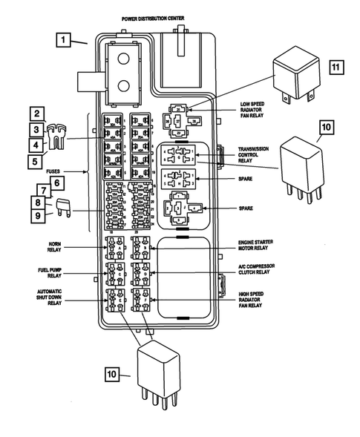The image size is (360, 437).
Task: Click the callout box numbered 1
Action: (x=65, y=40)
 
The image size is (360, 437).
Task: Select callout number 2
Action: (x=36, y=114)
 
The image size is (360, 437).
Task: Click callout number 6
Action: (x=56, y=182)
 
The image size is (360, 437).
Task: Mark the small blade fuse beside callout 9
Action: (x=64, y=211)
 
